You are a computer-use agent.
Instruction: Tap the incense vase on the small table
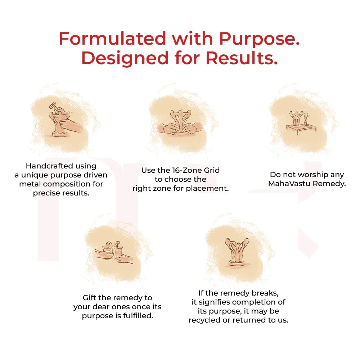point(306,121)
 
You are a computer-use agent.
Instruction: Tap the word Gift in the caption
point(90,298)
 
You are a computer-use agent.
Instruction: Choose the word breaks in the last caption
point(264,293)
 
